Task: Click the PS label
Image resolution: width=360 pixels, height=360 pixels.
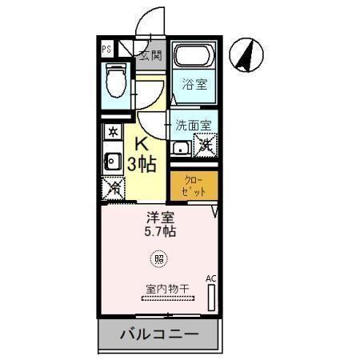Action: coord(107,49)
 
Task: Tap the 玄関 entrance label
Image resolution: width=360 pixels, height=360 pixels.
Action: coord(150,55)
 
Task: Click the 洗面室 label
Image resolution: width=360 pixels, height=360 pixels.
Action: coord(194,126)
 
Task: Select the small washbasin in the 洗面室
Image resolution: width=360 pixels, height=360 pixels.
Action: coord(181,147)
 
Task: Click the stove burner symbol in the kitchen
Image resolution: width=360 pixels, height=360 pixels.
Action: coord(113,131)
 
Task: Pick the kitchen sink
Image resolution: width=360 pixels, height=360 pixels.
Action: coord(113,159)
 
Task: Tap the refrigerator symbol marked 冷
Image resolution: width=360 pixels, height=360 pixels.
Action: coord(113,189)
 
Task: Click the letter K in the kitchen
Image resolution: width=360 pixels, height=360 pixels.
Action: coord(142,146)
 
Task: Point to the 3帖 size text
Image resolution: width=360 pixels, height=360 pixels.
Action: coord(142,165)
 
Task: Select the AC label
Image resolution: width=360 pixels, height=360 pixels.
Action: coord(211,278)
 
